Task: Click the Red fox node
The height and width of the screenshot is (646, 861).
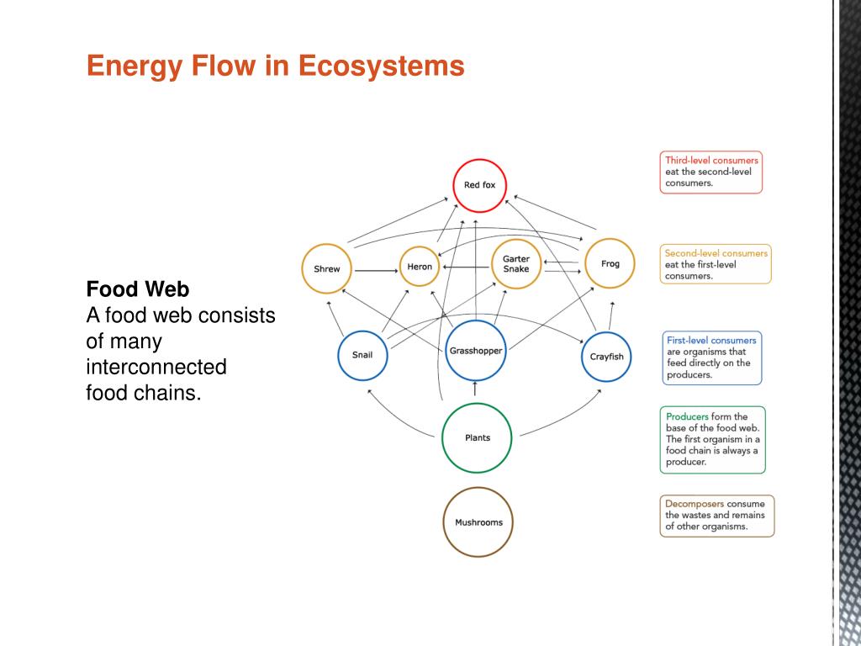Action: click(479, 184)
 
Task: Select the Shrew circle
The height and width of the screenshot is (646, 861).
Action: click(327, 269)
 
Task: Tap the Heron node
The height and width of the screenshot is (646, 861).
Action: click(420, 267)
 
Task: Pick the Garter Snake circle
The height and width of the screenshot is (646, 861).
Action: click(515, 263)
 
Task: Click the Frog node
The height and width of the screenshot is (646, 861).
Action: click(610, 263)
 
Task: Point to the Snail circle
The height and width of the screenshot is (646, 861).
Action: click(362, 355)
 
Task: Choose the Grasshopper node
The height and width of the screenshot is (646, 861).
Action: click(475, 350)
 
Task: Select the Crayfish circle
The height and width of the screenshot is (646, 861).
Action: click(606, 356)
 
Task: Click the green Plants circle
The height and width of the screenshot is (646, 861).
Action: click(477, 437)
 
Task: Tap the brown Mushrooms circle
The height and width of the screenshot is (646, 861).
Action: click(478, 522)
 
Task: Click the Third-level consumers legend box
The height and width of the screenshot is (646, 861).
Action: click(710, 172)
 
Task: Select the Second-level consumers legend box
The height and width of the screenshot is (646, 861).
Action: click(716, 264)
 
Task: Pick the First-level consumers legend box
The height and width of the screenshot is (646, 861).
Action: click(711, 357)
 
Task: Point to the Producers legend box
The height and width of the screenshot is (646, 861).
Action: click(712, 439)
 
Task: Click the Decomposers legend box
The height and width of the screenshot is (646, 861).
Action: click(716, 516)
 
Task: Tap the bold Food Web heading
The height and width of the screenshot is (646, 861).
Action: click(138, 289)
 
